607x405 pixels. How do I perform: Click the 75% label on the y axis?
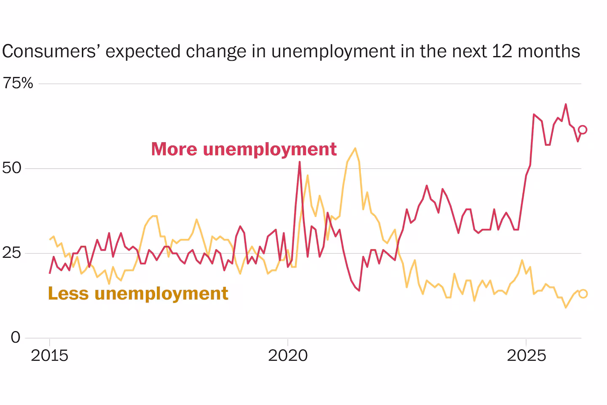point(18,83)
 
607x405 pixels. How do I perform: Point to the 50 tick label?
point(12,168)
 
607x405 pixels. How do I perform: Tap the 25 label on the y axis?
point(12,253)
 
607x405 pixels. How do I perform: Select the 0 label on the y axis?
point(16,337)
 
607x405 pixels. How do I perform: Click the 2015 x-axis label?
point(49,355)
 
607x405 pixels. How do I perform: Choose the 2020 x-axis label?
point(288,355)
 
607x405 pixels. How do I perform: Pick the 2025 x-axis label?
point(526,355)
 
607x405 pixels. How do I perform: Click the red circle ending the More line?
point(583,130)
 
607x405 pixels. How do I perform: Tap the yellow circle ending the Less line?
point(583,294)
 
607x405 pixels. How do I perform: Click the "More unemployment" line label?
point(244,149)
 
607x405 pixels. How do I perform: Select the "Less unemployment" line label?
point(138,294)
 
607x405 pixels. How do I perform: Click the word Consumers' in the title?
point(49,51)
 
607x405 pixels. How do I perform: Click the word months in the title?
point(549,51)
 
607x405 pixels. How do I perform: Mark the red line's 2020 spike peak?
point(299,162)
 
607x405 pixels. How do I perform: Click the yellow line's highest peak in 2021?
point(355,148)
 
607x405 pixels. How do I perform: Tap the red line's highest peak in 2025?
point(566,104)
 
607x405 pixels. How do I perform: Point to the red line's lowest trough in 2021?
point(359,291)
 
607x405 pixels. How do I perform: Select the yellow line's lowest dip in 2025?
point(566,308)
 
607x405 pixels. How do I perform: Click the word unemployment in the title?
point(333,51)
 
